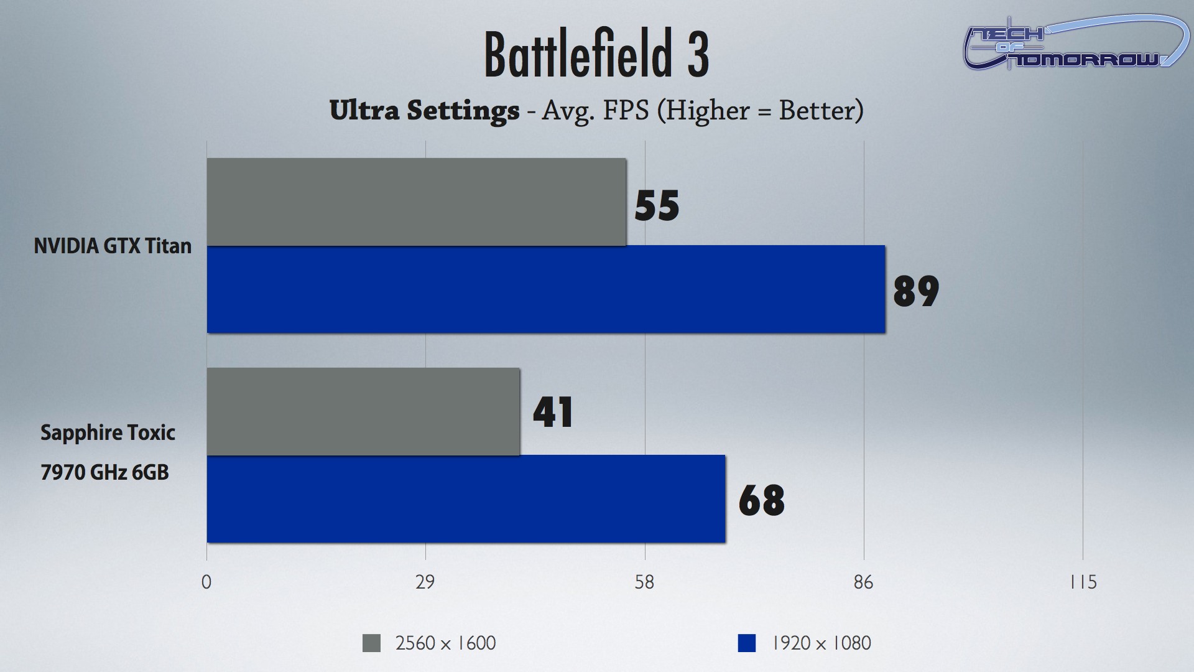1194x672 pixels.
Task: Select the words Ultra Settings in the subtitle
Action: click(x=424, y=111)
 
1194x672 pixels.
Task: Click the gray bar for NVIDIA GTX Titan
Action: click(x=416, y=202)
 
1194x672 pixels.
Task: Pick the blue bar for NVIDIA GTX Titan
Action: click(x=545, y=289)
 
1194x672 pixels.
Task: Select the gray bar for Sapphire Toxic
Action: click(x=363, y=411)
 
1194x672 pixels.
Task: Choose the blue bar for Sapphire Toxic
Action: click(x=466, y=499)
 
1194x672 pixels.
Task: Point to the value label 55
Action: click(x=657, y=205)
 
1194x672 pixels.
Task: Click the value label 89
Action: click(x=916, y=291)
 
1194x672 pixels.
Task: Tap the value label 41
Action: click(x=553, y=412)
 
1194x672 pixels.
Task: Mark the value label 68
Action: click(x=761, y=500)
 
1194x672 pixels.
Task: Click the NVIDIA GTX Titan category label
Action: click(x=113, y=246)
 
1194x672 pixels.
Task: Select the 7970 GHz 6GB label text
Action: click(x=104, y=473)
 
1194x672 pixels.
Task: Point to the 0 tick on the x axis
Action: click(x=206, y=582)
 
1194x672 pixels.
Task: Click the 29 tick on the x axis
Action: click(x=425, y=582)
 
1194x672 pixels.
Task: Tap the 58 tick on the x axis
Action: click(x=644, y=582)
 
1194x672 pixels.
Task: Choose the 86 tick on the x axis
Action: click(x=863, y=582)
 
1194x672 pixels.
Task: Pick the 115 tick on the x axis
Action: click(x=1083, y=582)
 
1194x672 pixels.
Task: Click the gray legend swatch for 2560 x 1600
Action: click(x=371, y=643)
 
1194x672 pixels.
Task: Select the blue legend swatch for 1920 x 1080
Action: click(x=746, y=643)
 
